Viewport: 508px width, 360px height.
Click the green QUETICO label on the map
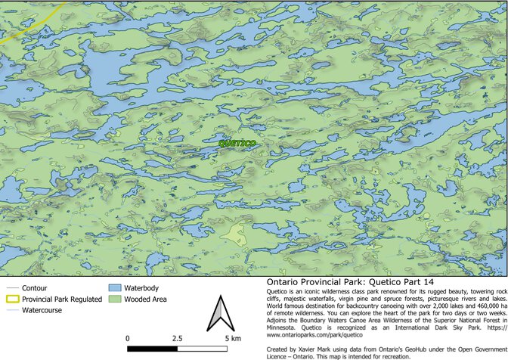click(237, 143)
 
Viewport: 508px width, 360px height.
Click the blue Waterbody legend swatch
click(115, 288)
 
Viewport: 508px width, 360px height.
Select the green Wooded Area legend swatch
click(115, 299)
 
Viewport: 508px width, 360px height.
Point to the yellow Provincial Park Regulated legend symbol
click(11, 299)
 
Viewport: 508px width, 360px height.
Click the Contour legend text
click(36, 289)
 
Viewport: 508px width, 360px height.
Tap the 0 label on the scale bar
click(127, 338)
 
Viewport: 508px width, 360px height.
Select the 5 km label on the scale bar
click(232, 338)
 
